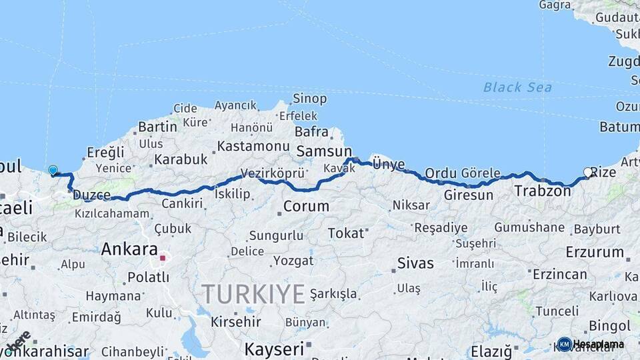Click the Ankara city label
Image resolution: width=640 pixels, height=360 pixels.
[x=129, y=250]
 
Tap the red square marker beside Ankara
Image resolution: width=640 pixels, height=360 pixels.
[x=162, y=256]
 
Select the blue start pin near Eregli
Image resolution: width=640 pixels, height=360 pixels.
[x=53, y=170]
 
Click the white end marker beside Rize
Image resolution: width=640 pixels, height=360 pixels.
[x=587, y=172]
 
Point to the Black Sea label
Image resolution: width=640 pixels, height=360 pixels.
[x=517, y=87]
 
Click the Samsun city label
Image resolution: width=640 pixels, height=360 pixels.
[x=324, y=151]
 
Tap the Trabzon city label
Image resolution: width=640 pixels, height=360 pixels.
[x=542, y=191]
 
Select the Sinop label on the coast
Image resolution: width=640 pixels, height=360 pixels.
[x=310, y=99]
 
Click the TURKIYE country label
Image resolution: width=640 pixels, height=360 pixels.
[x=253, y=293]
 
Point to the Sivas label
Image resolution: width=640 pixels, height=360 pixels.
[x=415, y=263]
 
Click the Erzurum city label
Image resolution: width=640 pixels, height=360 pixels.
[x=595, y=253]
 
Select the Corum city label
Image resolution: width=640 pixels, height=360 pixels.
[x=306, y=207]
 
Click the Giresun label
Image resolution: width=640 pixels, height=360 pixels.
[x=469, y=195]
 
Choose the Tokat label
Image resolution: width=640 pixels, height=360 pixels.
[x=346, y=233]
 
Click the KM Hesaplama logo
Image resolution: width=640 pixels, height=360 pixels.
[x=591, y=344]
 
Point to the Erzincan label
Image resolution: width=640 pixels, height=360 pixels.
[x=559, y=274]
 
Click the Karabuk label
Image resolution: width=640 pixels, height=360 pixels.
[x=181, y=159]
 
